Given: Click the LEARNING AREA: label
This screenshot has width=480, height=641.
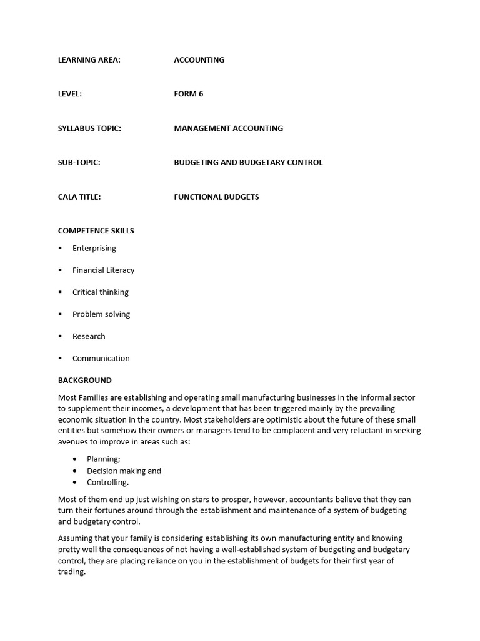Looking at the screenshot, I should pos(89,60).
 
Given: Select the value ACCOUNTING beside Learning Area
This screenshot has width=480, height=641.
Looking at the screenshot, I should pos(199,60).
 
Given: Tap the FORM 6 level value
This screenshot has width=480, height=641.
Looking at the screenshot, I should pos(188,94).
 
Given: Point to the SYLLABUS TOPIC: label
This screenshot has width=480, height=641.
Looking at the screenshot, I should pos(89,128).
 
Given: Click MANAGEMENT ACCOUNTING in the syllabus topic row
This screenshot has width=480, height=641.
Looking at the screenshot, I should pos(228,128).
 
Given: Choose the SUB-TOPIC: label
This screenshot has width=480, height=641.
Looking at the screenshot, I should pos(79,162).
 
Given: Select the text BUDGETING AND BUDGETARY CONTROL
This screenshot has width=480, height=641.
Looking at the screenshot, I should pos(248,162).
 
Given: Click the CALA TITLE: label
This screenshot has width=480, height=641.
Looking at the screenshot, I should pos(79,197).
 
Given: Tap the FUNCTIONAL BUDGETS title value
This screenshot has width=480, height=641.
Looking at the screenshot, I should pos(216,197).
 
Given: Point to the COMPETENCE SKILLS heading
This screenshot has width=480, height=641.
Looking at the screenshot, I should pos(96,230).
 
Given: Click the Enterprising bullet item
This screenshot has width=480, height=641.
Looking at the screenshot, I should pos(94,249).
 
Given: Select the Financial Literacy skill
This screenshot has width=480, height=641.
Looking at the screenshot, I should pos(103,270).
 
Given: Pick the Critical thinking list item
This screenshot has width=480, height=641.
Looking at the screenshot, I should pos(101,292).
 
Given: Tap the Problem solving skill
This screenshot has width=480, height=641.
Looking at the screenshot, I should pos(101,314).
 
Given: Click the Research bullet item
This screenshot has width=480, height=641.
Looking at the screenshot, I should pos(89,336).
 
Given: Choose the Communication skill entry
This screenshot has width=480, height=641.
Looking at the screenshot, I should pos(101,358).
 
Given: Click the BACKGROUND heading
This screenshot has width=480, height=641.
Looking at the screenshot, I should pos(85,380).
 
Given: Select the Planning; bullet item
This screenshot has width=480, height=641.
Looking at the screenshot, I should pos(104,459).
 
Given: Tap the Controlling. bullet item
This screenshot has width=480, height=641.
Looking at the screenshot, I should pos(107,482).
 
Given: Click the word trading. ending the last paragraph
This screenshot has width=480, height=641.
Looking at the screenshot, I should pos(71,572).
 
